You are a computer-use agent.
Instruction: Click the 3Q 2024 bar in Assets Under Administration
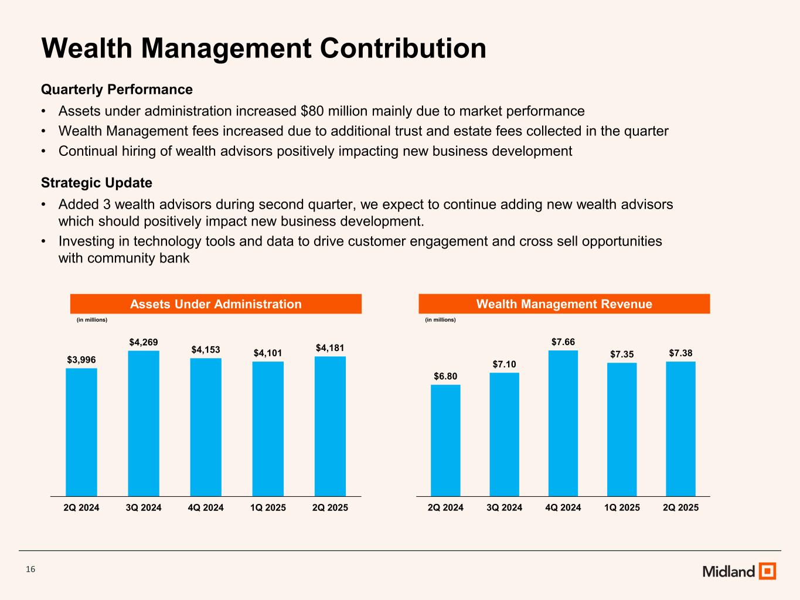[x=144, y=423]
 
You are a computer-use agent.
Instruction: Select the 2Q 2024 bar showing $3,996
[x=81, y=432]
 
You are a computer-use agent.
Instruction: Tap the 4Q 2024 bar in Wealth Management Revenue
[x=563, y=423]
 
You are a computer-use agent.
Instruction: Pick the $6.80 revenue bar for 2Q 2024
[x=445, y=440]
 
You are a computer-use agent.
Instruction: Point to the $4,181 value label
[x=330, y=348]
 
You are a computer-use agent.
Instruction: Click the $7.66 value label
[x=563, y=342]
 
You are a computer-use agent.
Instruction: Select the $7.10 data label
[x=504, y=364]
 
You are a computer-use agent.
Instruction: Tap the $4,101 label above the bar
[x=268, y=353]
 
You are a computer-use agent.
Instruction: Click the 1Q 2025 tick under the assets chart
[x=268, y=507]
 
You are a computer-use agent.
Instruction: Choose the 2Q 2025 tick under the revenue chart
[x=680, y=507]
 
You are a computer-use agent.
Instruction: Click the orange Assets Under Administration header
[x=216, y=304]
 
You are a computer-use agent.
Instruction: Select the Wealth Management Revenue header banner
[x=564, y=304]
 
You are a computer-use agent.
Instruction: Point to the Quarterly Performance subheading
[x=117, y=90]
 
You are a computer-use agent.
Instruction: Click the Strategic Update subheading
[x=97, y=183]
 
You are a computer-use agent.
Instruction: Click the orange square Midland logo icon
[x=767, y=571]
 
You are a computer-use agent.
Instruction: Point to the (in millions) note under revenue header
[x=440, y=320]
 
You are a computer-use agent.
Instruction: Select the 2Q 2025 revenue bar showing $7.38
[x=680, y=429]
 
